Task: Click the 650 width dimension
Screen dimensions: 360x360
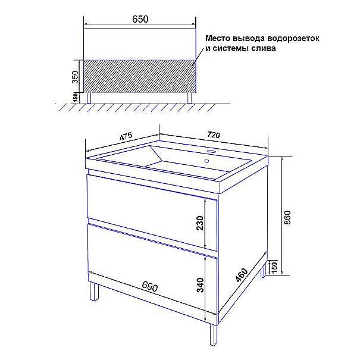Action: click(x=140, y=19)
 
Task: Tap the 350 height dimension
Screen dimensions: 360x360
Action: click(x=75, y=77)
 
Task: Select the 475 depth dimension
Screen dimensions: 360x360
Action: click(x=126, y=136)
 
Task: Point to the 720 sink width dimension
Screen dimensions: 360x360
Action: click(x=214, y=134)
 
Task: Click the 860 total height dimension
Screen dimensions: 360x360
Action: click(x=287, y=217)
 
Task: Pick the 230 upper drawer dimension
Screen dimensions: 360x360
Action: click(x=200, y=223)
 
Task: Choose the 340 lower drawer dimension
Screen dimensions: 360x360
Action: click(x=200, y=285)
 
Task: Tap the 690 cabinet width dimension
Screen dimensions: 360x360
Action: click(x=150, y=286)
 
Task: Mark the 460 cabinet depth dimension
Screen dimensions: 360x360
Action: click(x=242, y=275)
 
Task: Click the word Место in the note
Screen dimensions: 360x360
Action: click(x=218, y=38)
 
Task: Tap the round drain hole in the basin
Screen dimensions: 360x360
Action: click(x=206, y=161)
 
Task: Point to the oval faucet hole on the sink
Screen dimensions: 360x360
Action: click(x=211, y=152)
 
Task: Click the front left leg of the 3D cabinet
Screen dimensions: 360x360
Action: click(x=94, y=291)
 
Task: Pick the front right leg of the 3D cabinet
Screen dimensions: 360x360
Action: click(x=214, y=334)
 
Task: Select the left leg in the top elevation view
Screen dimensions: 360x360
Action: click(x=89, y=98)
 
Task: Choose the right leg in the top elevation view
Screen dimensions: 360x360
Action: click(x=189, y=98)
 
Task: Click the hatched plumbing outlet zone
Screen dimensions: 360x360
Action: click(x=140, y=76)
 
